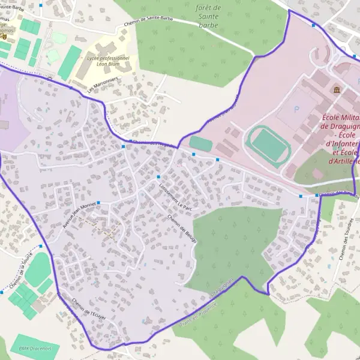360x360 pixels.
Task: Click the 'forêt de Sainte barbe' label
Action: [208, 16]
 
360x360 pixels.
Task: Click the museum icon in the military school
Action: [335, 90]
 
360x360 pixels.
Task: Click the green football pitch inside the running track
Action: [268, 144]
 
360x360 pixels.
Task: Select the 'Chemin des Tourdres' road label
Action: [344, 239]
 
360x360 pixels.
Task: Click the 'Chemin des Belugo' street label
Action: [182, 227]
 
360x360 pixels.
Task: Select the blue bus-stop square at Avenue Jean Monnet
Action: [98, 203]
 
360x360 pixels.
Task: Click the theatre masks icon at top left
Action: [4, 36]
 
